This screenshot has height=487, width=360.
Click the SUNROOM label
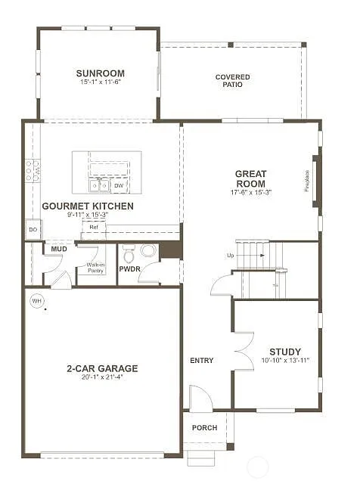[x=100, y=73]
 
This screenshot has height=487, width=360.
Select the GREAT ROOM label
[x=250, y=178]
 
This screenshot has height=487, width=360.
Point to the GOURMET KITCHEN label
[x=88, y=206]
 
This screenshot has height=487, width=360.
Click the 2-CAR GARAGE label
[x=101, y=368]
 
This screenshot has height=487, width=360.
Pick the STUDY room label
[x=284, y=352]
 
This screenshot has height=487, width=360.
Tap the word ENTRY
[x=201, y=361]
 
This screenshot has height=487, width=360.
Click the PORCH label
[x=204, y=428]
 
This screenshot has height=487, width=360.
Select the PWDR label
[x=129, y=268]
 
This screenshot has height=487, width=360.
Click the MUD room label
[x=58, y=248]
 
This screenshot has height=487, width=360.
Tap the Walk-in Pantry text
[x=95, y=267]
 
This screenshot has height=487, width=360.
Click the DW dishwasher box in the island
[x=119, y=185]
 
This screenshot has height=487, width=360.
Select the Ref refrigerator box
[x=94, y=227]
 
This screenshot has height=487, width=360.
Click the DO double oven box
[x=33, y=229]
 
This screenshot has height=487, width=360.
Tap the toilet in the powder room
[x=129, y=252]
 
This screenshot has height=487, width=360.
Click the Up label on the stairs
[x=230, y=256]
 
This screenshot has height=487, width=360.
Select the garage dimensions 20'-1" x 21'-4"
[x=101, y=378]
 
